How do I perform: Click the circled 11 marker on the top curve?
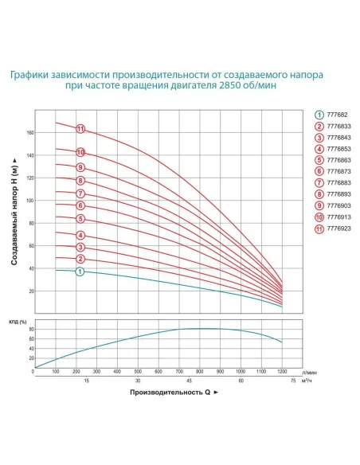click(x=80, y=129)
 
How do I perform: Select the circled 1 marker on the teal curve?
click(x=80, y=272)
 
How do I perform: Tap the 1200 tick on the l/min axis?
click(x=282, y=372)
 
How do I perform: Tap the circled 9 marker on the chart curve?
click(x=80, y=167)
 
